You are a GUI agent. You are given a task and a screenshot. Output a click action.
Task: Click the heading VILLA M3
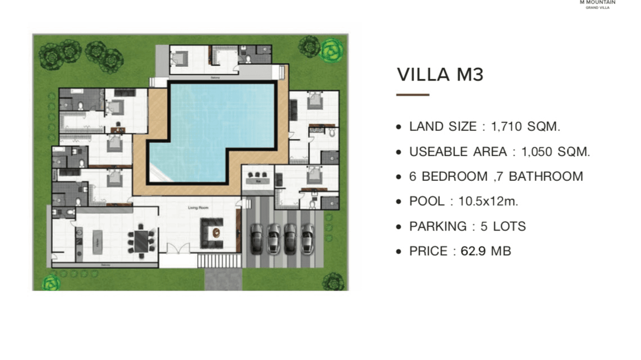[440, 75]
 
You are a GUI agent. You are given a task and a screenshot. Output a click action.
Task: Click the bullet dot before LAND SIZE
[399, 127]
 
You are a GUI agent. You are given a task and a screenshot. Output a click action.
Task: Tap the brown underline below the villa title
[413, 95]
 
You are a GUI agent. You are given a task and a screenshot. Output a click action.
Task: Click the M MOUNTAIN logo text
[598, 2]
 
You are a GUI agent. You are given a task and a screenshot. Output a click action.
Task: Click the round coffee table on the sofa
[216, 233]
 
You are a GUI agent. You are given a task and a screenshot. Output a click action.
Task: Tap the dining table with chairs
[142, 241]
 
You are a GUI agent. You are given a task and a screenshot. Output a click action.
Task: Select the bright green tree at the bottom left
[51, 282]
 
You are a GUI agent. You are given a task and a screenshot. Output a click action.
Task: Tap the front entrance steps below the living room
[219, 261]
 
